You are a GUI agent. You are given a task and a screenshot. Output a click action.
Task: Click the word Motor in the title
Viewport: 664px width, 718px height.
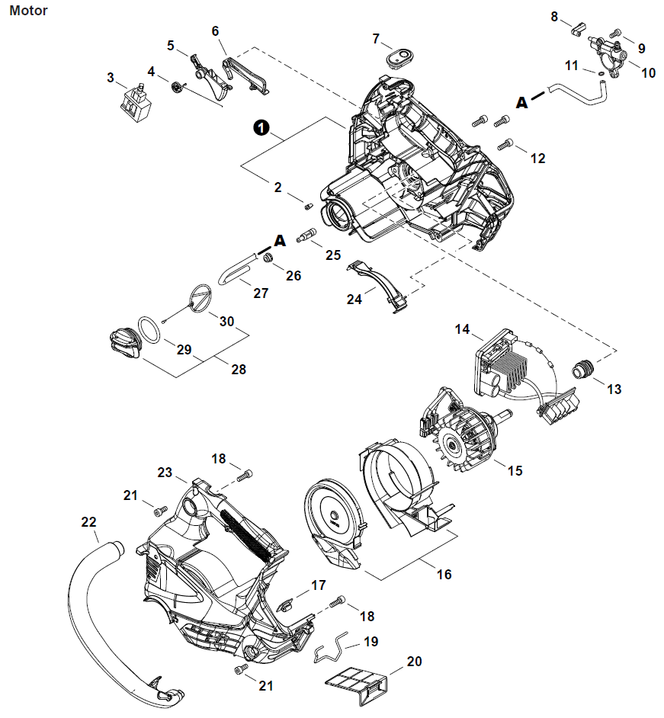tap(29, 11)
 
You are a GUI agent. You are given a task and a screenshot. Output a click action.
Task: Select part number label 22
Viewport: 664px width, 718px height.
tap(89, 522)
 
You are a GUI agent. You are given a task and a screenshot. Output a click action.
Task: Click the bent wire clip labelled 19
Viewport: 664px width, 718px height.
tap(333, 649)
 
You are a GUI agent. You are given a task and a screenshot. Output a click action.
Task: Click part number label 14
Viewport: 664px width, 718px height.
tap(463, 329)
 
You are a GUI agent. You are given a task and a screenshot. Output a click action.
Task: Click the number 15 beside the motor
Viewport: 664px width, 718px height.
tap(515, 471)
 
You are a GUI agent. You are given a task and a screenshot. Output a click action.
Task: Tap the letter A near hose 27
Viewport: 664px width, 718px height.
tap(279, 240)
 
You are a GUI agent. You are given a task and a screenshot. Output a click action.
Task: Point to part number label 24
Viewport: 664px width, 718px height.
tap(354, 300)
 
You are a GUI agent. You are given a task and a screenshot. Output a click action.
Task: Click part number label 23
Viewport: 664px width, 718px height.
tap(165, 472)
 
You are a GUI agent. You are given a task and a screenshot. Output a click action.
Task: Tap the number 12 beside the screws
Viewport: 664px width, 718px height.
tap(537, 159)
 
